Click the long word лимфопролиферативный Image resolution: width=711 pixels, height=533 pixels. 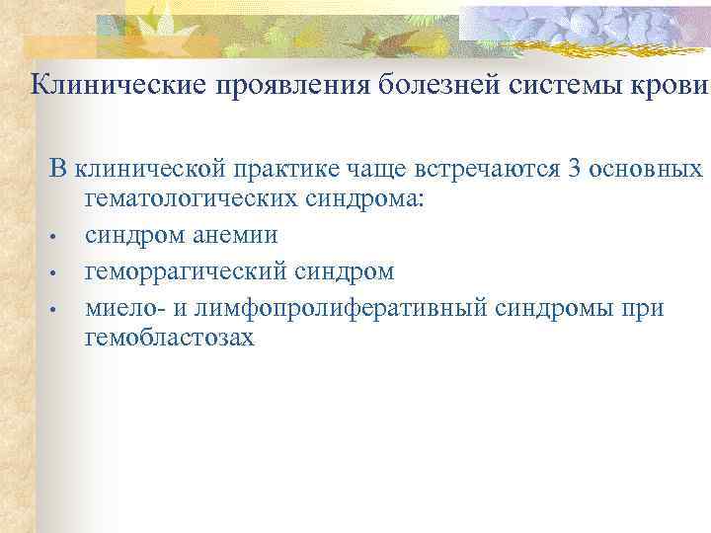340,307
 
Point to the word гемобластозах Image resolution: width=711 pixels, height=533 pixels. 169,338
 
